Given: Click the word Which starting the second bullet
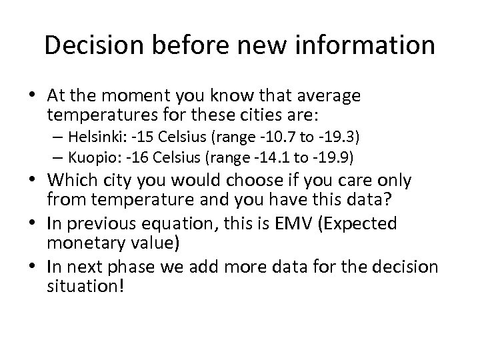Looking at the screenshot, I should click(x=68, y=181).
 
